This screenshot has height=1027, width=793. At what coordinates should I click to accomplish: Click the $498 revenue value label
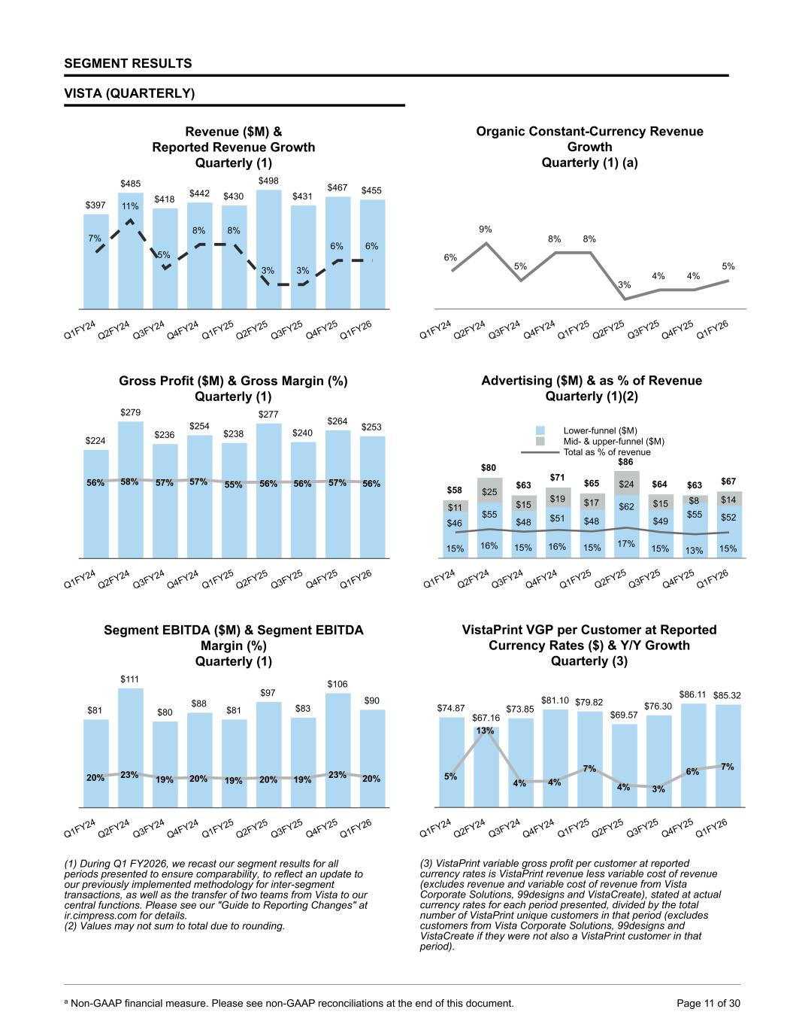coord(268,181)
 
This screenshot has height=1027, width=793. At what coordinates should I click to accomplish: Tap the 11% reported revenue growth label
coord(130,205)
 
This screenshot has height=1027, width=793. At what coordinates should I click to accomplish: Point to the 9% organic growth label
coord(486,229)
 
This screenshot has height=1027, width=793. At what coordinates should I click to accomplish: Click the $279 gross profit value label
coord(130,412)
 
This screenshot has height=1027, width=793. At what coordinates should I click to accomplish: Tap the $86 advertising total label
coord(625,461)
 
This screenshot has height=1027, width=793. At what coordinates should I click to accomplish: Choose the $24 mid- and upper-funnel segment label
coord(625,485)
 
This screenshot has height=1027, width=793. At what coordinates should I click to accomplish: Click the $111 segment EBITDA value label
coord(130,679)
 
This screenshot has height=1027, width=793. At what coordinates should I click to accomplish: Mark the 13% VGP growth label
coord(486,731)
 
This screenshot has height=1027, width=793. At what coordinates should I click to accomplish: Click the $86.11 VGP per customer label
coord(692,694)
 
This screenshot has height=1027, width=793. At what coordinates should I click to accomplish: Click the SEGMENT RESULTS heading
coord(128,63)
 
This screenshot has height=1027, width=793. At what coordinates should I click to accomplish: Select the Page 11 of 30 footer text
coord(709,1002)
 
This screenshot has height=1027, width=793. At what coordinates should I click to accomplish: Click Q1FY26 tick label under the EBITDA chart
coord(356,828)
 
